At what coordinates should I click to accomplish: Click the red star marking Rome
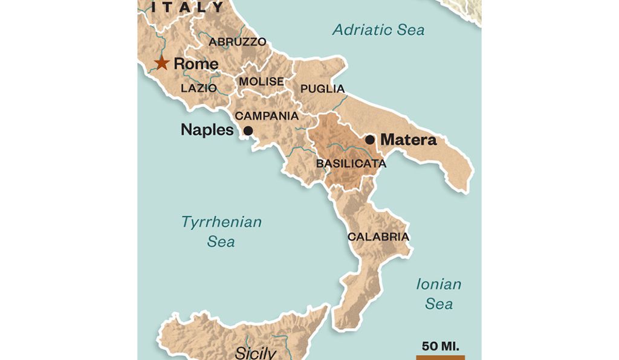(161, 63)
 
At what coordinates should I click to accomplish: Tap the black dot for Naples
(248, 130)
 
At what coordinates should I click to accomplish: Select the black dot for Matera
(370, 140)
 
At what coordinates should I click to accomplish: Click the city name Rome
(196, 63)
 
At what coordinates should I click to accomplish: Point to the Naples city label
(207, 130)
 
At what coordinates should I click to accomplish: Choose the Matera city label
(408, 140)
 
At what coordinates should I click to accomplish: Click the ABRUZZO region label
(238, 42)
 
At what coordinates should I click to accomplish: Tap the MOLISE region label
(261, 82)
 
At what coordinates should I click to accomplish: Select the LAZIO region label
(198, 88)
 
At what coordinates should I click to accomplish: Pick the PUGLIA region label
(322, 89)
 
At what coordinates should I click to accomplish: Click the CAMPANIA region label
(266, 115)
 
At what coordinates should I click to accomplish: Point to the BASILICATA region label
(351, 163)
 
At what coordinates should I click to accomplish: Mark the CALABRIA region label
(378, 237)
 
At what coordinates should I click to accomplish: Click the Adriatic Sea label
(378, 30)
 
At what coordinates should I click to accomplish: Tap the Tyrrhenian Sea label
(221, 231)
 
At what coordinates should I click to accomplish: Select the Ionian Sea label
(438, 293)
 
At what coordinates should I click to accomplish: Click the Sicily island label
(255, 353)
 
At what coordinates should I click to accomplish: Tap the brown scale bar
(440, 357)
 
